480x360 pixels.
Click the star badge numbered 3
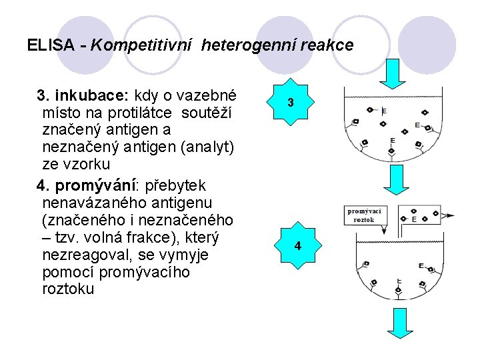(291, 102)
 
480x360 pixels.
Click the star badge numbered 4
(298, 245)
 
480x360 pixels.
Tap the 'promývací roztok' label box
(364, 215)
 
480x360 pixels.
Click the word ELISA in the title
(51, 46)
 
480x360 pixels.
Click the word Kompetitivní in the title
(142, 46)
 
